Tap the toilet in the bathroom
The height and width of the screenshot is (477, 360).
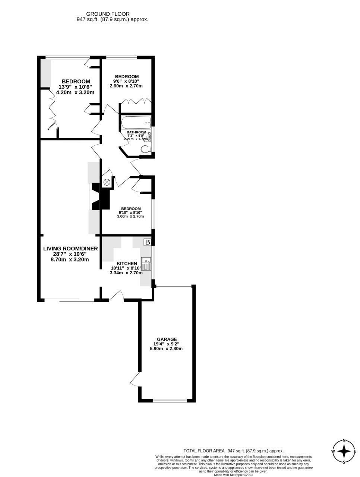click(146, 150)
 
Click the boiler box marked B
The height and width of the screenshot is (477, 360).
click(148, 242)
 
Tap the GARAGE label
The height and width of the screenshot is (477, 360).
click(164, 339)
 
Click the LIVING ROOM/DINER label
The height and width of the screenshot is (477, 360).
click(70, 249)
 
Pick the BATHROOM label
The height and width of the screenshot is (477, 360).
click(136, 132)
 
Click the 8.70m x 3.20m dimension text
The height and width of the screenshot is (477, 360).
click(70, 259)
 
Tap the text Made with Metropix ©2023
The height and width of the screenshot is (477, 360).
click(234, 475)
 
